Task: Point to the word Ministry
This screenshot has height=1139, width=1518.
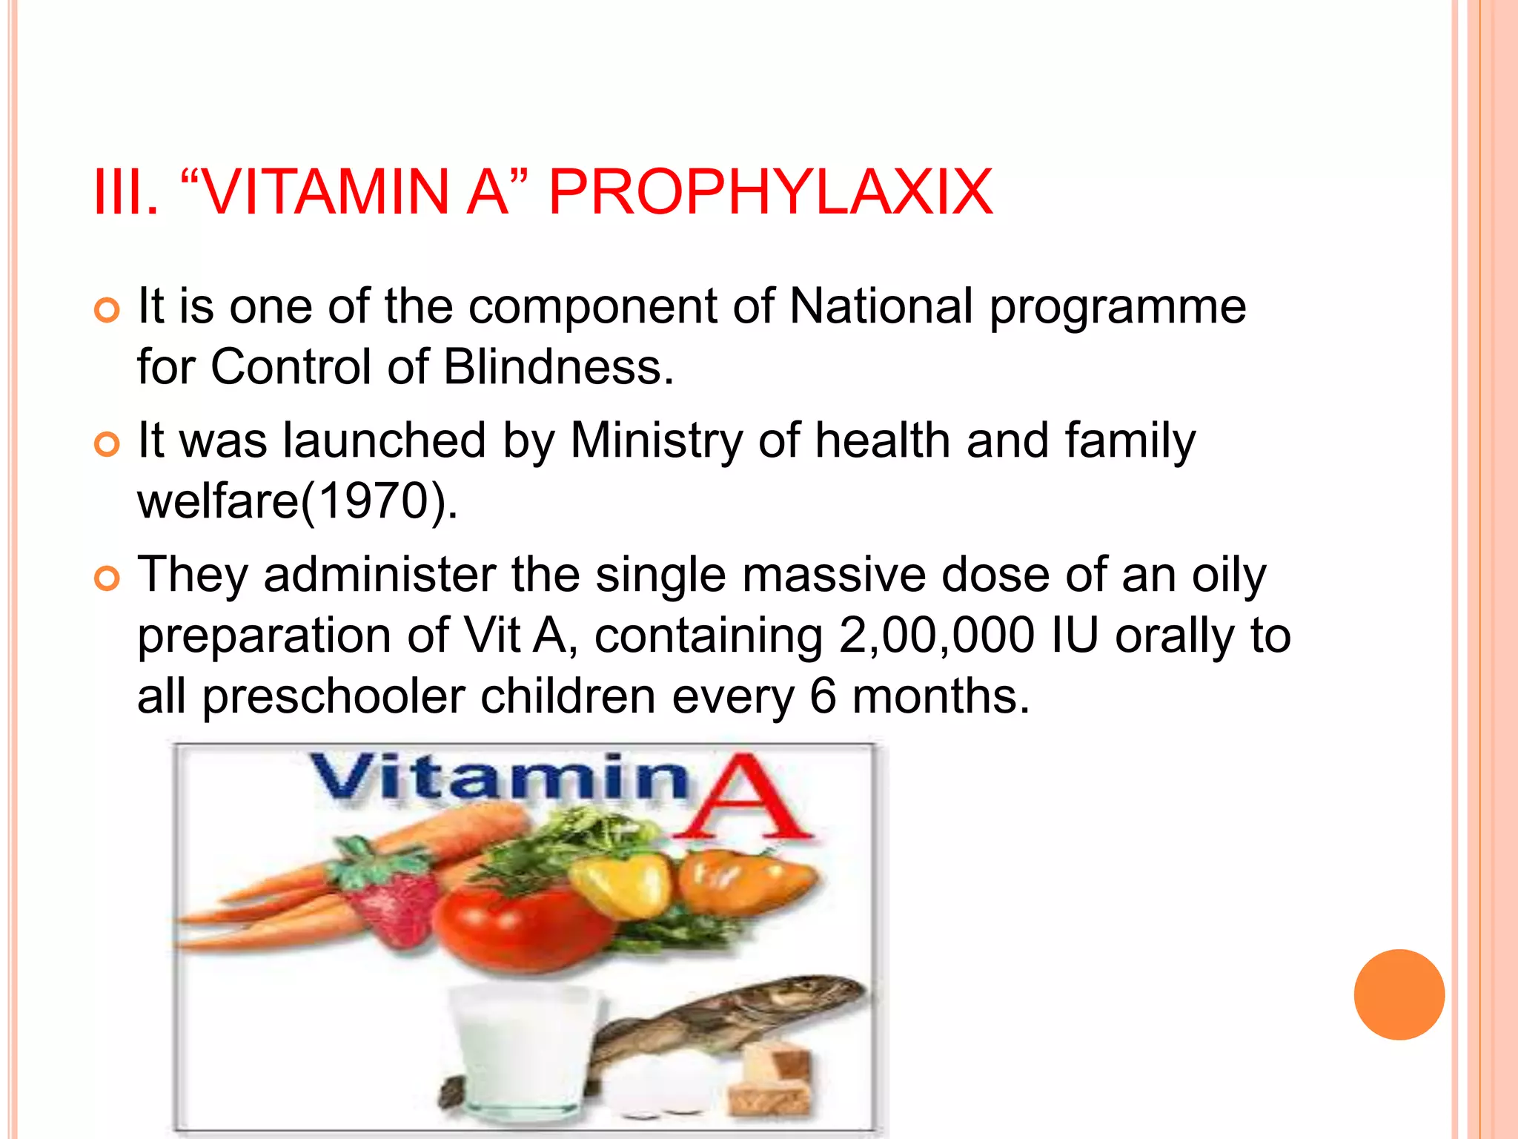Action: (656, 440)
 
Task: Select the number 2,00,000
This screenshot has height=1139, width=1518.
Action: (936, 636)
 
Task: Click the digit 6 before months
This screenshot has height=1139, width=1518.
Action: (823, 697)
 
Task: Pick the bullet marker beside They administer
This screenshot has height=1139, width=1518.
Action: (107, 578)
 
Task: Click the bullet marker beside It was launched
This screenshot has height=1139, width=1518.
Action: (107, 444)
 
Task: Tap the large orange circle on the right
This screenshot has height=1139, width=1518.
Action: (1399, 994)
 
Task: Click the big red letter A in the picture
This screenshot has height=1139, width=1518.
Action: (745, 801)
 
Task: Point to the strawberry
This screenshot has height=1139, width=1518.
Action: (389, 897)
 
